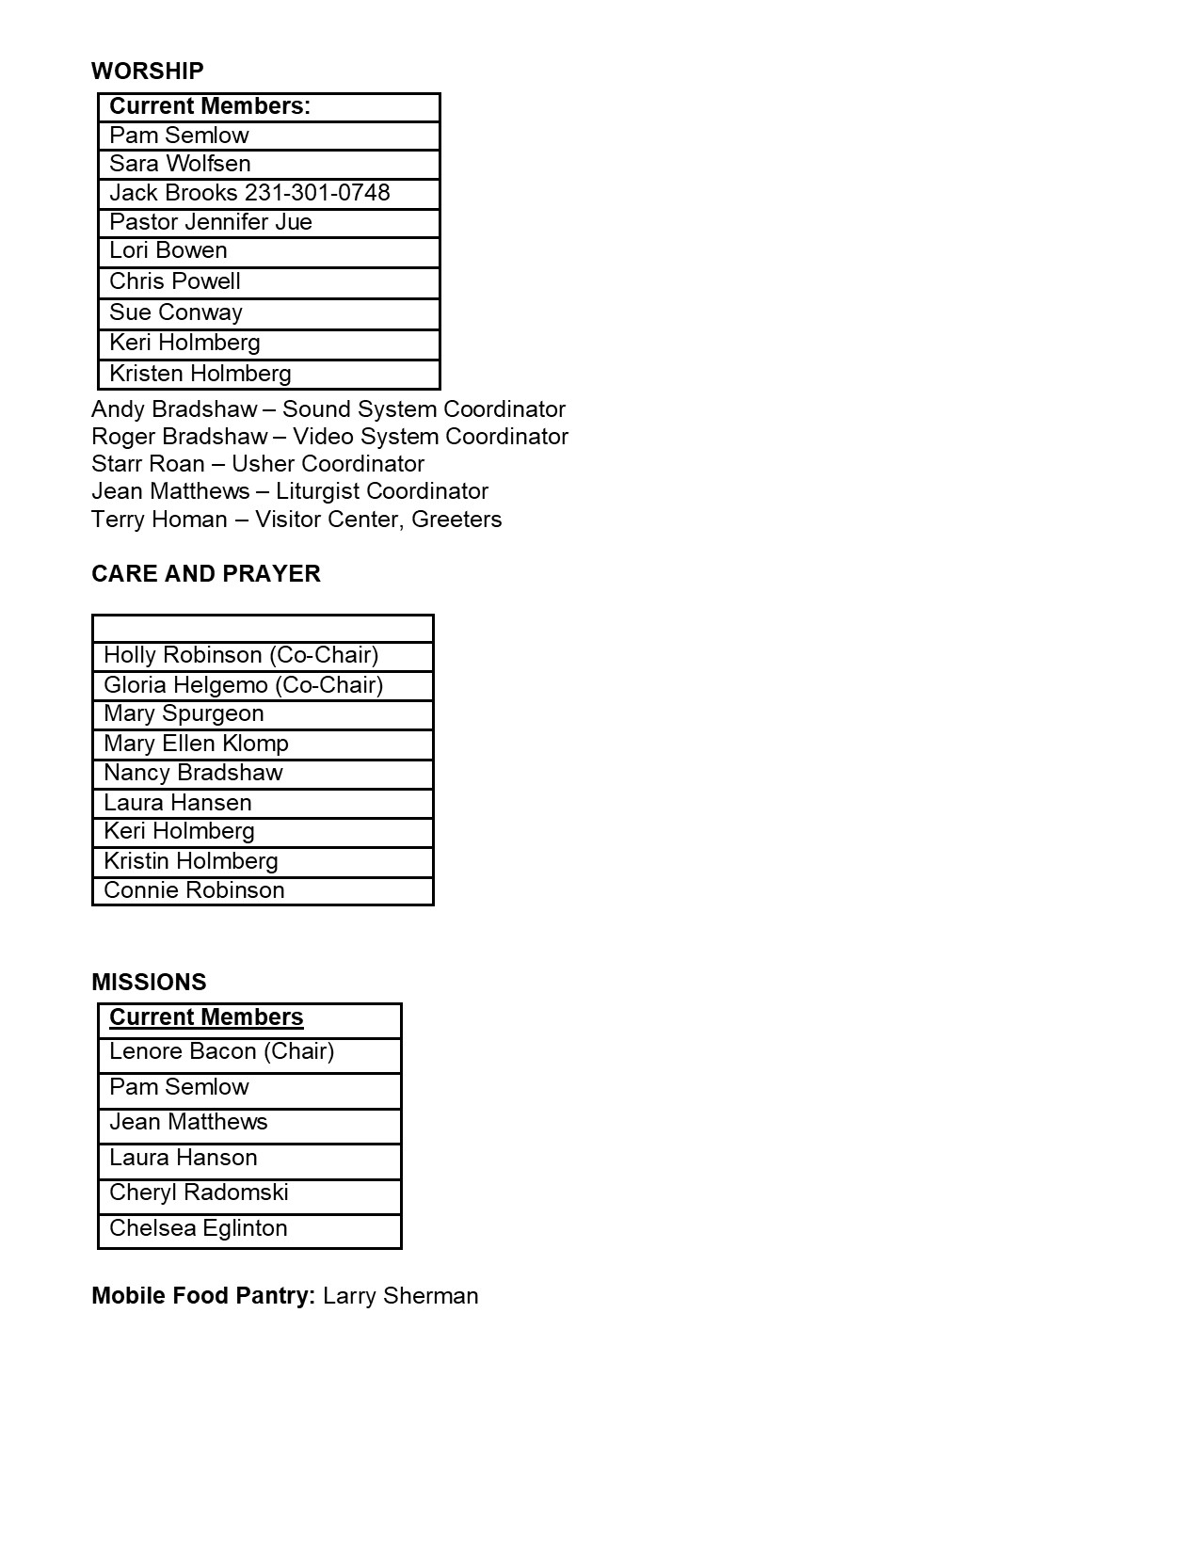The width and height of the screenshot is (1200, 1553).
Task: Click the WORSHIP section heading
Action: [x=148, y=72]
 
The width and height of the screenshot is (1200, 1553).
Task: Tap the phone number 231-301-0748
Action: [x=317, y=193]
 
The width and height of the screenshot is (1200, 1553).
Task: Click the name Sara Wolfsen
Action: [x=180, y=164]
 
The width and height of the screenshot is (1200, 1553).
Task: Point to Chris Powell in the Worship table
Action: [x=175, y=281]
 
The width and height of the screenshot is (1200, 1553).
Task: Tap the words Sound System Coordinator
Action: [x=424, y=409]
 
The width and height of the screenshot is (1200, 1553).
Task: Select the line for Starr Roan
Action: [x=258, y=464]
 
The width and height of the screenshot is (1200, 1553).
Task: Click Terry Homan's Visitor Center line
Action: [x=296, y=520]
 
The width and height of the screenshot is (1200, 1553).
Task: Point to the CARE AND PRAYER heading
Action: [x=206, y=574]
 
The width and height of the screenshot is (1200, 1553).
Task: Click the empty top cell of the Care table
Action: [x=263, y=629]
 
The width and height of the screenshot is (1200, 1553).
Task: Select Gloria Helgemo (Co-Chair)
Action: [x=244, y=685]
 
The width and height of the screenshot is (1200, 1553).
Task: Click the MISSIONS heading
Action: [x=149, y=983]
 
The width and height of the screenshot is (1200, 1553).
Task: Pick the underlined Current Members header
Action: [x=206, y=1017]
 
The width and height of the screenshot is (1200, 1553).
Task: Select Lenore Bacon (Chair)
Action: [x=222, y=1051]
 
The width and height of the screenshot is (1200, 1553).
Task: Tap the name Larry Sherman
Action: [x=400, y=1296]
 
